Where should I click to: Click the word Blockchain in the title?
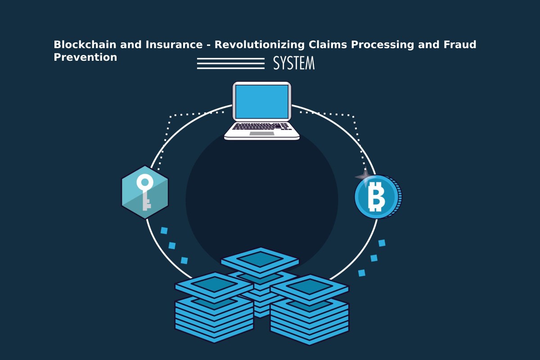(x=85, y=45)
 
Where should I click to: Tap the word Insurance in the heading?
(x=174, y=45)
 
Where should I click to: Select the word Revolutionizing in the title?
(x=260, y=45)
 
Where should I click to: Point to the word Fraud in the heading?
(x=460, y=45)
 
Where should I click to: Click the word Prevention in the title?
(x=85, y=58)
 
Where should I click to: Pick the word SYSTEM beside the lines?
(x=294, y=63)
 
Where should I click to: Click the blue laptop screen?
(x=262, y=102)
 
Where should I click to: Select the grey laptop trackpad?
(x=262, y=134)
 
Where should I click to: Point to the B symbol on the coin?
(x=376, y=197)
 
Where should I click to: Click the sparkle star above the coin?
(x=365, y=176)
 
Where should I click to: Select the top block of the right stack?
(x=310, y=288)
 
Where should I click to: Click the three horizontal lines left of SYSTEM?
(x=231, y=63)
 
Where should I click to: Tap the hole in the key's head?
(x=145, y=182)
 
